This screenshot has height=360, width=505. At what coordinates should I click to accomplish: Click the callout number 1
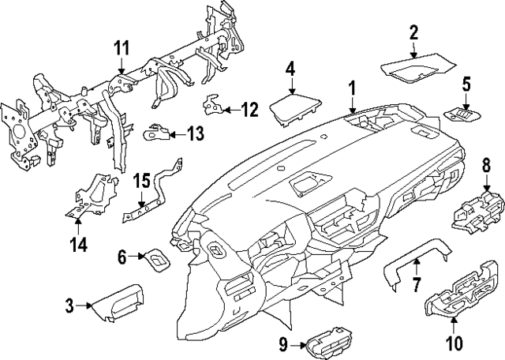pos(353,89)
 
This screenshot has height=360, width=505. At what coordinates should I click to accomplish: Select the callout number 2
pos(413,32)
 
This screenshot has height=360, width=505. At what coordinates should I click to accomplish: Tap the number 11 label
pos(120,49)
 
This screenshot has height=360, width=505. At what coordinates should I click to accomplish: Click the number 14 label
pos(77,245)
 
